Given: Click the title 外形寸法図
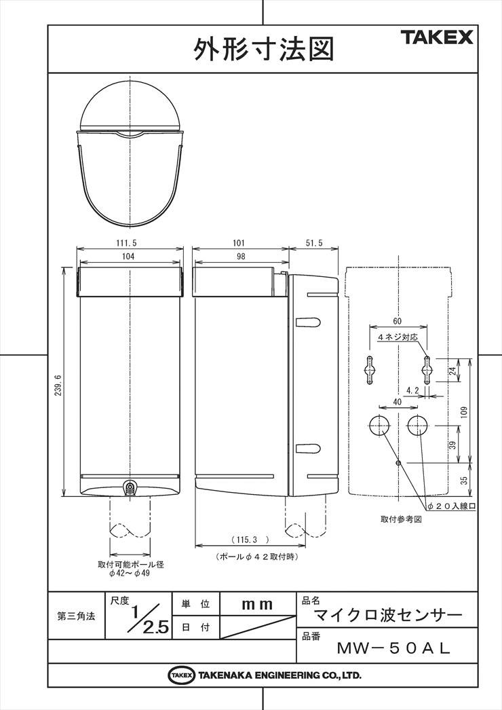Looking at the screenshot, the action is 264,49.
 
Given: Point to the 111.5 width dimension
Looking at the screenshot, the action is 126,243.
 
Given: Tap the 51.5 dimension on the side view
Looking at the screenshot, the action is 314,243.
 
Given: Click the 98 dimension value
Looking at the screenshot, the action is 241,257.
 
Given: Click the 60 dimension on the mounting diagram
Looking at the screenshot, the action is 397,322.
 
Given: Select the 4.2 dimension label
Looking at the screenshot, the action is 412,390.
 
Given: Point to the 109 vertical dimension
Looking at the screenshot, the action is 465,412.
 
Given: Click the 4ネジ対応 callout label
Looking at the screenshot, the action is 397,338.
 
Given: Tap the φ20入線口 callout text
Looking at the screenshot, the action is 452,506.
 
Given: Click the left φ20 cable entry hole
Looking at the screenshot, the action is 379,425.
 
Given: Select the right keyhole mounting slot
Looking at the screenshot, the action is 427,370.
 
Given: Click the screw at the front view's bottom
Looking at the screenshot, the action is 130,487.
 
